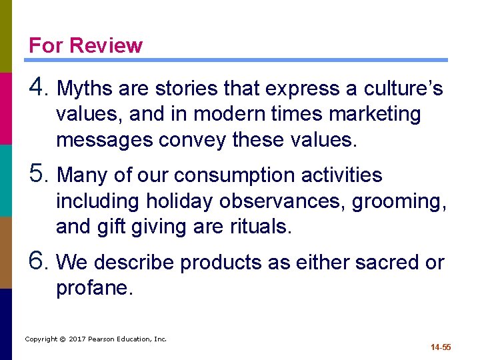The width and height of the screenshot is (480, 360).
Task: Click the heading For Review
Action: (x=85, y=45)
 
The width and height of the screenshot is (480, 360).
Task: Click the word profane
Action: (x=93, y=289)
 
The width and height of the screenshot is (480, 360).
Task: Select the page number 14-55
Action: (x=441, y=347)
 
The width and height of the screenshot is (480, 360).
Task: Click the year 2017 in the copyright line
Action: (x=79, y=339)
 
